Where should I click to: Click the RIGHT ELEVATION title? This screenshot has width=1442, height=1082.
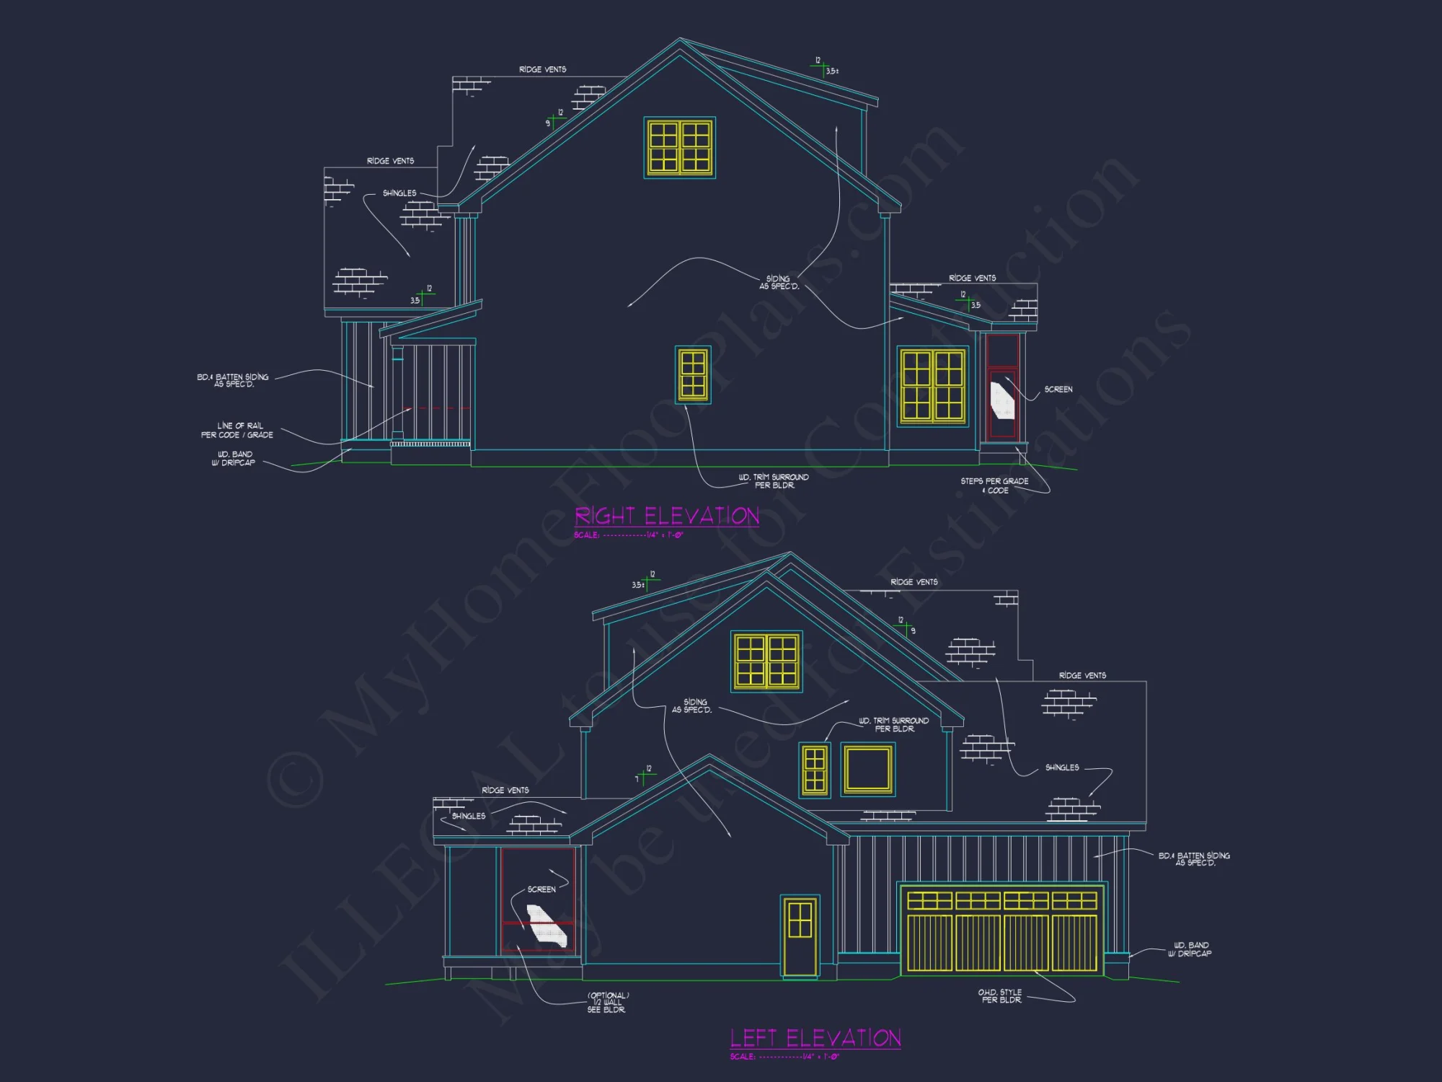pos(667,516)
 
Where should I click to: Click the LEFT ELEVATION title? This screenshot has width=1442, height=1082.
pos(815,1038)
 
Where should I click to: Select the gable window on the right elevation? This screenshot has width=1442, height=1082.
pos(679,147)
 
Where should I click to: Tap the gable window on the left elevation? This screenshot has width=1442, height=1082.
pos(766,661)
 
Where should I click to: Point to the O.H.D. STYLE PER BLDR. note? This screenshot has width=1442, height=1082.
pos(1000,996)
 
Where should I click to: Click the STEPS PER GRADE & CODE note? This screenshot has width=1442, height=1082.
pos(994,485)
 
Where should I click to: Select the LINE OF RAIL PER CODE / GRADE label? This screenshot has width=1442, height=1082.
pos(237,431)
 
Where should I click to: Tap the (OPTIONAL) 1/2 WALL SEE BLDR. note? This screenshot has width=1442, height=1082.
pos(607,1003)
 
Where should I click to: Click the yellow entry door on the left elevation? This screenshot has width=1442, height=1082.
pos(800,936)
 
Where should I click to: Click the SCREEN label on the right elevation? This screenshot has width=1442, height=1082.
pos(1058,390)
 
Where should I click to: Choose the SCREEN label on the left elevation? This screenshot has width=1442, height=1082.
pos(541,889)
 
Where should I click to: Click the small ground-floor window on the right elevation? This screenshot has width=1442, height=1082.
pos(693,374)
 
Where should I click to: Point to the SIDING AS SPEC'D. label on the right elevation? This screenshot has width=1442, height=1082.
pos(779,282)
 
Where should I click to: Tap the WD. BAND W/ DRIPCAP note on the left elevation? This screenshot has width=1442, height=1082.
pos(1190,949)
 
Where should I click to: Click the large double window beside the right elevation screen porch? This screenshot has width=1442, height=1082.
pos(932,386)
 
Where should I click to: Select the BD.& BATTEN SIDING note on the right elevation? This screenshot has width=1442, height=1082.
pos(233,380)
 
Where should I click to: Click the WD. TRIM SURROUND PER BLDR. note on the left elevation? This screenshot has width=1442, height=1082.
pos(893,725)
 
